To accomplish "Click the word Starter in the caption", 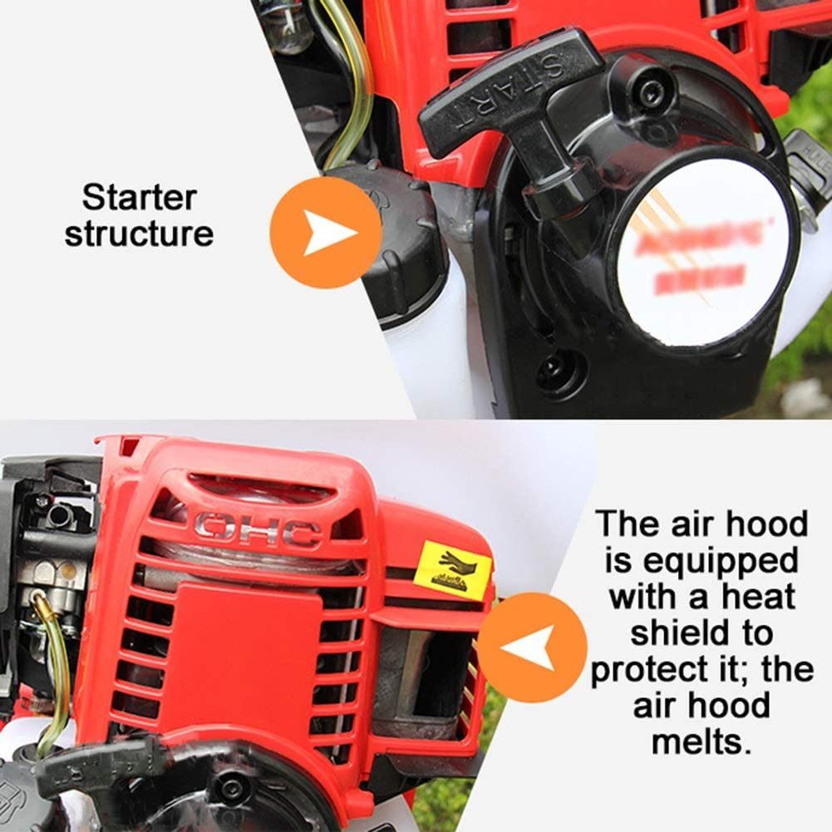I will pos(139,198).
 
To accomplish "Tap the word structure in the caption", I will pos(139,234).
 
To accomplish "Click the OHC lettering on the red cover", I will pos(258,529).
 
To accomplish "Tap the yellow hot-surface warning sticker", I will pos(452,570).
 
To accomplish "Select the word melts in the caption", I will pos(702,741).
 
